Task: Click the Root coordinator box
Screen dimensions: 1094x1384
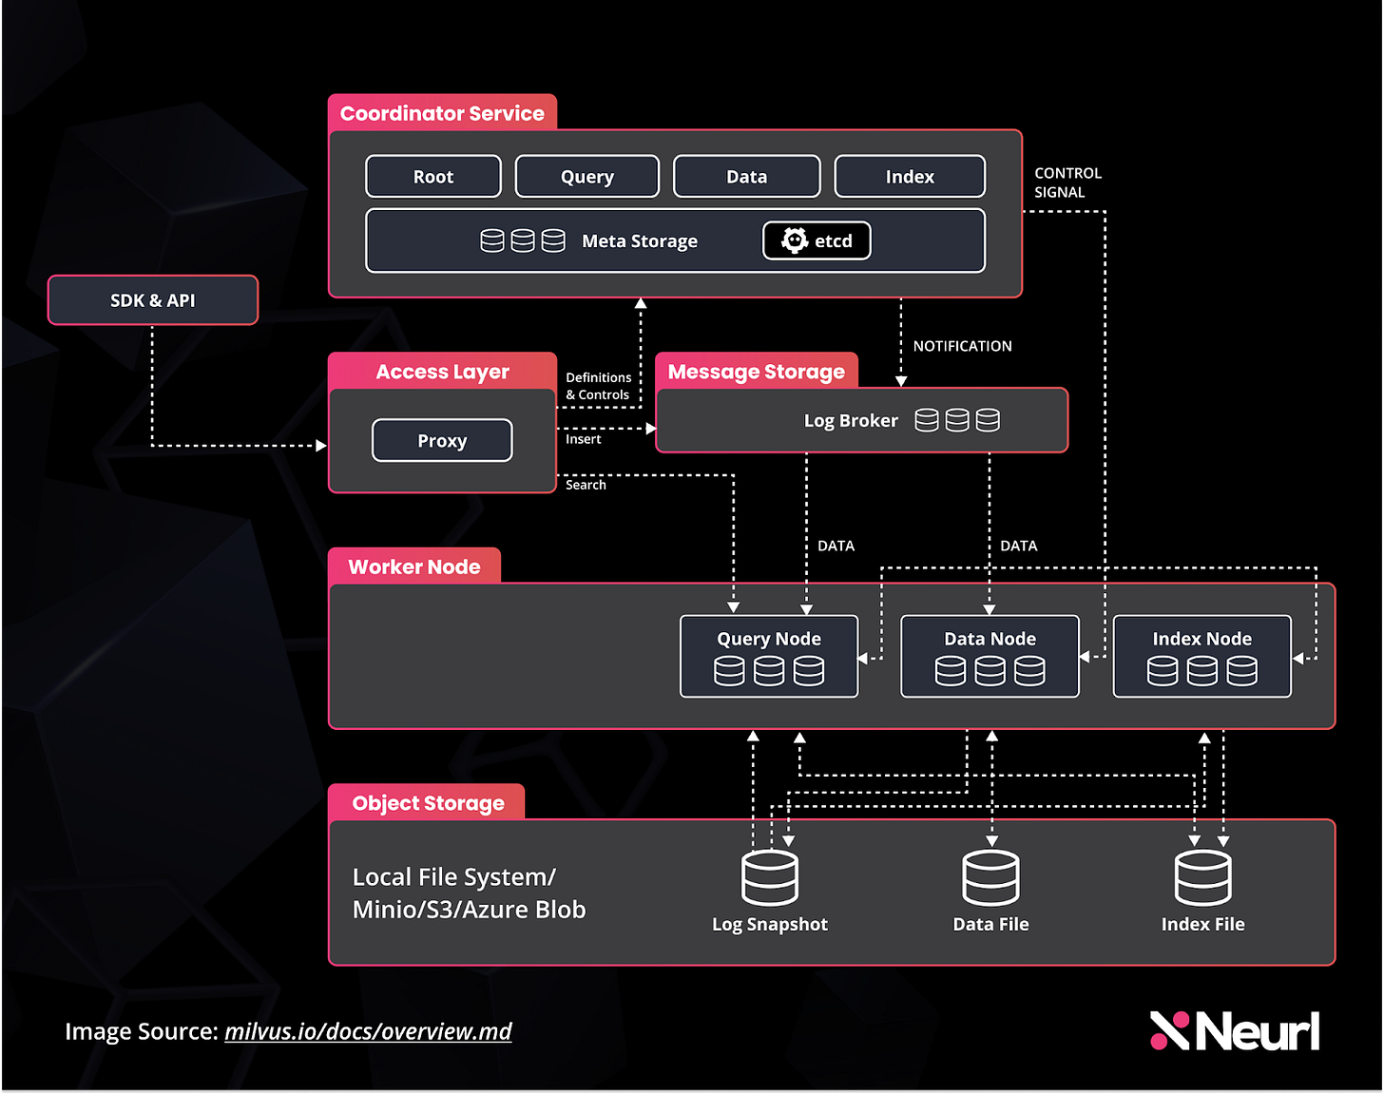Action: [433, 177]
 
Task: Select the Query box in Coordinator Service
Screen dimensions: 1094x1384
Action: [586, 177]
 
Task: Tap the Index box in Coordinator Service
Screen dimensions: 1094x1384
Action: [910, 177]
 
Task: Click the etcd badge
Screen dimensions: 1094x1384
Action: [817, 240]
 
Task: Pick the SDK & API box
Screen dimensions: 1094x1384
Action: [153, 300]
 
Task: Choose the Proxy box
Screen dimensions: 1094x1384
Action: [442, 440]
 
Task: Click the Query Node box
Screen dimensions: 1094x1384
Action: [769, 656]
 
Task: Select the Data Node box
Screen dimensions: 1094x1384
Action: [990, 656]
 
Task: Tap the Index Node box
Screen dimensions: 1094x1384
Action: [1201, 656]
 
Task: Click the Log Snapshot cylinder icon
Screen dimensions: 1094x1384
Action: [770, 877]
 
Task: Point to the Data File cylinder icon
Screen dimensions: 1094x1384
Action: [990, 877]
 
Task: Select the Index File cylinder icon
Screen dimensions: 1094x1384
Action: [1202, 877]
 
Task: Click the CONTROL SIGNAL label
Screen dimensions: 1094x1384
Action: [1067, 182]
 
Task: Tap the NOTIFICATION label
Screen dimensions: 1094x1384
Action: [962, 346]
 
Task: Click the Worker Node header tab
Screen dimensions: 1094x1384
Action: [414, 566]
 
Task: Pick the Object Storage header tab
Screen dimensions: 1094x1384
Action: [428, 803]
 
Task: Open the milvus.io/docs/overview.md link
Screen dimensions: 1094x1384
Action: [368, 1031]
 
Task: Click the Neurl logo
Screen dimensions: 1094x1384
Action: [1235, 1031]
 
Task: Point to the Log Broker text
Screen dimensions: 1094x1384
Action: [851, 420]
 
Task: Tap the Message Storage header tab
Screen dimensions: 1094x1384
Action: [756, 372]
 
